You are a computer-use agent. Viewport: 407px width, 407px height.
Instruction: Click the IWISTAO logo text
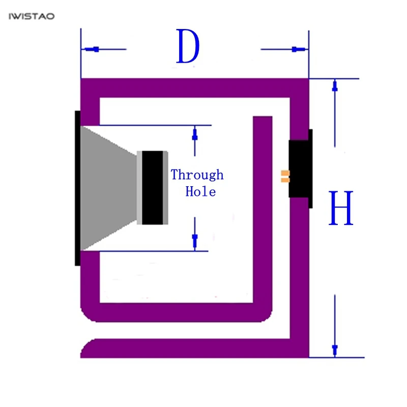coord(32,16)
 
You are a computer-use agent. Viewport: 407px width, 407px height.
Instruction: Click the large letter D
coord(188,46)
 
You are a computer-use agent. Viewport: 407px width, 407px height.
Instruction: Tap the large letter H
coord(341,208)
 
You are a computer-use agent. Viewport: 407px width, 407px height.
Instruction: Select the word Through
coord(197,175)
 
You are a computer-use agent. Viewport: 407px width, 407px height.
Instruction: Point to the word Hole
coord(200,192)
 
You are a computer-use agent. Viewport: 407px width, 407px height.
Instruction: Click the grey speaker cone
coord(108,188)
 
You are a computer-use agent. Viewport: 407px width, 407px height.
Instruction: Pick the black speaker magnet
coord(152,187)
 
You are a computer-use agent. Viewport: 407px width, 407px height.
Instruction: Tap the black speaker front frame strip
coord(77,188)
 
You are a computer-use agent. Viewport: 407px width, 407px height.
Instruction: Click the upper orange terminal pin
coord(285,173)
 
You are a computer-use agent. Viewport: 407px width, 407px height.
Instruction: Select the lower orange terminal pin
coord(285,180)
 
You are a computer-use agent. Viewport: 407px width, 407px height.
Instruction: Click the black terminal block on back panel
coord(300,169)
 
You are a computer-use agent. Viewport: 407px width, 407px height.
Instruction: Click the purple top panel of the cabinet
coord(195,88)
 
